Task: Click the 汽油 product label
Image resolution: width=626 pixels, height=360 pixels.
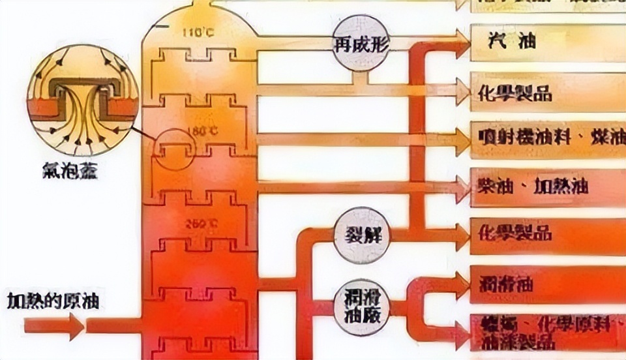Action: tap(511, 42)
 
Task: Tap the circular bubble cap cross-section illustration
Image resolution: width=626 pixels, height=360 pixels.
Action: tap(82, 108)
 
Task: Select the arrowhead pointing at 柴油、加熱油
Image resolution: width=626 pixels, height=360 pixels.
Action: tap(462, 187)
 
